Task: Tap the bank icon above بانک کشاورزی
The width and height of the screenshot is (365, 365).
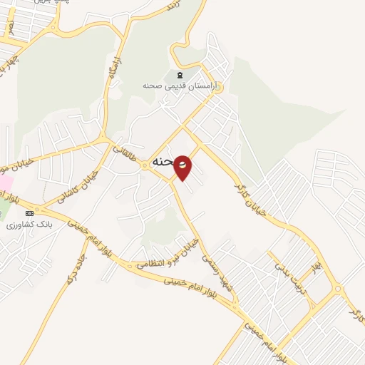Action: click(29, 213)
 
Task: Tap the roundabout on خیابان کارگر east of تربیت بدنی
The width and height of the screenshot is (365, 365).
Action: click(336, 289)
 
